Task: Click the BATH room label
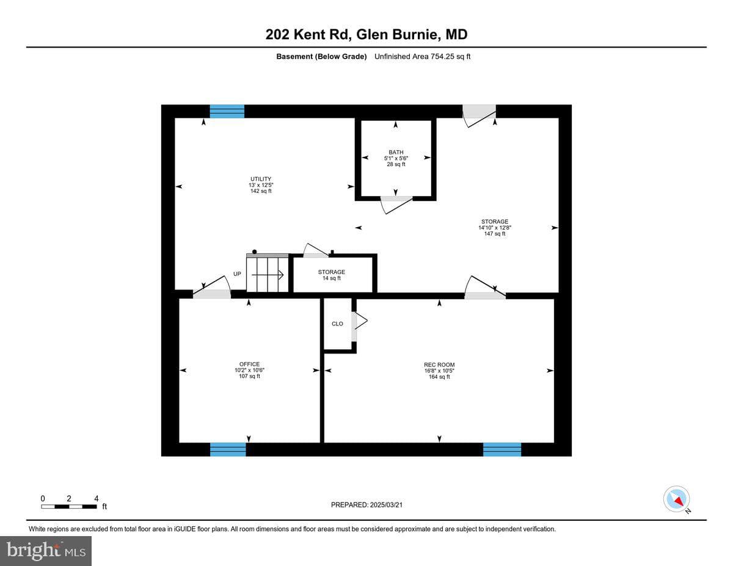click(x=396, y=153)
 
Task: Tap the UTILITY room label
click(x=261, y=179)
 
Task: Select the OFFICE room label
click(x=249, y=364)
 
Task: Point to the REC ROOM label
click(x=439, y=365)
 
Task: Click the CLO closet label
click(x=337, y=324)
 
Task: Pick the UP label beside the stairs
click(x=237, y=274)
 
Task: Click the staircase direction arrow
click(x=267, y=275)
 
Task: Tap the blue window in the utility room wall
click(x=227, y=111)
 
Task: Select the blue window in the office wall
click(x=228, y=449)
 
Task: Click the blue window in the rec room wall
click(x=502, y=449)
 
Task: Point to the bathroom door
click(x=396, y=205)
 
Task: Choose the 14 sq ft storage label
click(x=331, y=275)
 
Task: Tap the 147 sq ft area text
click(x=495, y=234)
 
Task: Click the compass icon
click(x=676, y=499)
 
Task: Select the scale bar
click(x=69, y=506)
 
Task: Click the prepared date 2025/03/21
click(x=386, y=505)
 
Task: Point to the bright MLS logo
click(x=46, y=551)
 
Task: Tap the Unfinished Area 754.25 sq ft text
click(x=422, y=57)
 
